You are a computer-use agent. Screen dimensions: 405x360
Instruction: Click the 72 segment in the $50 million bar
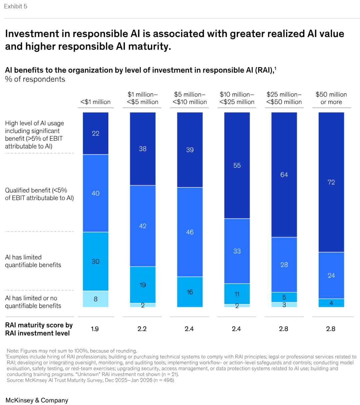pos(331,182)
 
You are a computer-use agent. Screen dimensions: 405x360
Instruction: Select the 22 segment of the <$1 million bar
pos(96,133)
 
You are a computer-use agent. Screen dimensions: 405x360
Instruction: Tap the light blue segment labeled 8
pos(96,299)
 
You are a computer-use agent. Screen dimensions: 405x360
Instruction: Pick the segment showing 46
pos(190,232)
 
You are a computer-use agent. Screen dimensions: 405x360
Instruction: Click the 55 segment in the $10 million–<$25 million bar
pos(237,165)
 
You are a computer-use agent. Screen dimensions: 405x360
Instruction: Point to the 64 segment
pos(284,174)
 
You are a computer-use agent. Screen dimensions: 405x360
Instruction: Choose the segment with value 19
pos(143,285)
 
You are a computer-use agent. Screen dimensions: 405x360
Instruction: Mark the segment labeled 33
pos(237,251)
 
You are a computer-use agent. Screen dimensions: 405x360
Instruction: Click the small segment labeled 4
pos(331,303)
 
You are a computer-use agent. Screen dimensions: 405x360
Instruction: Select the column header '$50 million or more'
pos(331,98)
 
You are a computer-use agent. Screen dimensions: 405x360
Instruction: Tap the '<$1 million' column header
pos(96,102)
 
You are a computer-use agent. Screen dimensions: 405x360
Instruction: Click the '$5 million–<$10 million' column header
pos(190,98)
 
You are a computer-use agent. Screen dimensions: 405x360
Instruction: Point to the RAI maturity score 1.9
pos(95,329)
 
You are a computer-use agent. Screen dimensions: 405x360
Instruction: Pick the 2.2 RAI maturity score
pos(142,329)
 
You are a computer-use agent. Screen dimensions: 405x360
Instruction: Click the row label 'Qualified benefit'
pos(39,194)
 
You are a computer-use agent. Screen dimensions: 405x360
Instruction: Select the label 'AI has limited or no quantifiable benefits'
pos(33,302)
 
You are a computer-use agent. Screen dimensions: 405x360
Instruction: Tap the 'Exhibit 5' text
pos(16,6)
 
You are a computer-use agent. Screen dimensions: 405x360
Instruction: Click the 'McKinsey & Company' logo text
pos(37,400)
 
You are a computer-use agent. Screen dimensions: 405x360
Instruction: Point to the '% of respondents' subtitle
pos(35,79)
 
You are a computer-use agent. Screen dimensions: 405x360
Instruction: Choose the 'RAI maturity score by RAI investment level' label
pos(39,329)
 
